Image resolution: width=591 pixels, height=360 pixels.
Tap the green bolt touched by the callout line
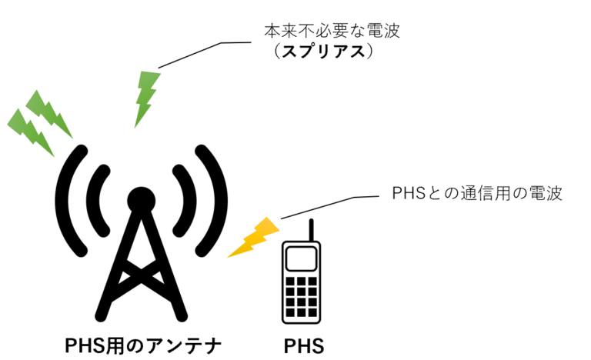pos(146,98)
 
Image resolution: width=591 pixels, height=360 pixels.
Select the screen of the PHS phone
pos(300,255)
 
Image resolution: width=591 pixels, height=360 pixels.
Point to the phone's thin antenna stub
pos(311,228)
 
